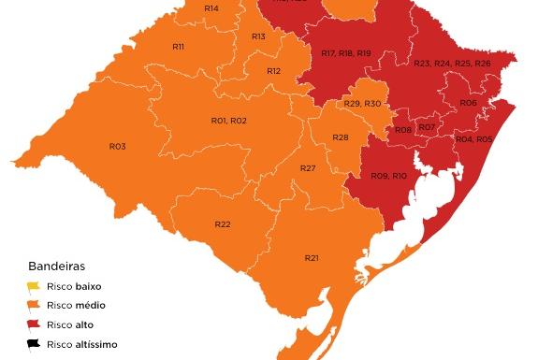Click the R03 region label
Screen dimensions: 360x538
point(117,147)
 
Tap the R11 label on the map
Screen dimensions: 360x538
point(178,47)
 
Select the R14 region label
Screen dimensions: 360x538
point(211,8)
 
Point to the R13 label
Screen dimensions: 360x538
point(258,36)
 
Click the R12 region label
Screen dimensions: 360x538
point(273,71)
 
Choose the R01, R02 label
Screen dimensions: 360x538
point(228,121)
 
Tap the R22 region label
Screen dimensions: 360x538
point(223,224)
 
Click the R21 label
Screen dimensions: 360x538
point(312,258)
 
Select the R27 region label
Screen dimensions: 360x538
point(308,168)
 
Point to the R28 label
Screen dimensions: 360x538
point(341,138)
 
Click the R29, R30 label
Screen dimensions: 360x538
point(362,103)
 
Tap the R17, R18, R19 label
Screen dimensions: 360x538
point(345,53)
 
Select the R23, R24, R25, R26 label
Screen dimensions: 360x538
point(452,63)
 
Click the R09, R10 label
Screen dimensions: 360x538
point(388,176)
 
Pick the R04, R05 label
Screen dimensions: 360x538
point(473,139)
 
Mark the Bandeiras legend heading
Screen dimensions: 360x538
point(56,266)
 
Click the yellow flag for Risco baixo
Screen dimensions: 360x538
point(34,286)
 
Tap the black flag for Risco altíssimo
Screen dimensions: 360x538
point(34,344)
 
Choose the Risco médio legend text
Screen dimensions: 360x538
point(76,306)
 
